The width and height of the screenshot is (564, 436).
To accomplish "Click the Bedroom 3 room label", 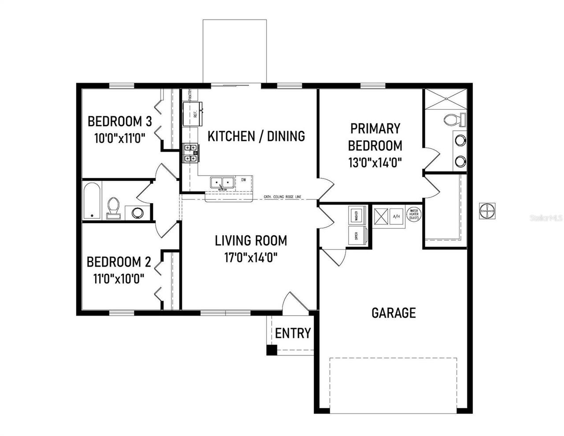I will (120, 121).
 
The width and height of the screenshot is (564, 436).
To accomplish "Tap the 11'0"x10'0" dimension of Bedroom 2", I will (119, 279).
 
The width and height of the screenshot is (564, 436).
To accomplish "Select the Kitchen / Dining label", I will (256, 136).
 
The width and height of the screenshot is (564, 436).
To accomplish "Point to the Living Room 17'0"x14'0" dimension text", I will (251, 257).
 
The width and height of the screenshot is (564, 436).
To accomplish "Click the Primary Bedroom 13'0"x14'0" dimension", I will (375, 163).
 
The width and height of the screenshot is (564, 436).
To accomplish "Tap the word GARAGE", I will (393, 313).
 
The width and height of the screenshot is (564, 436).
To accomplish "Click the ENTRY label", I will (293, 333).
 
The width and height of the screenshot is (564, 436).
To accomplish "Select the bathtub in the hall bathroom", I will (92, 201).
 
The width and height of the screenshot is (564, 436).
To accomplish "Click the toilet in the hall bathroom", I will (113, 208).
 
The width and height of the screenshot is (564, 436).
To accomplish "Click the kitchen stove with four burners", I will (191, 153).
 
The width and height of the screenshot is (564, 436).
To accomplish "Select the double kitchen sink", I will (222, 183).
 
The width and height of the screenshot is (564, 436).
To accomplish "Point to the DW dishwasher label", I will (243, 179).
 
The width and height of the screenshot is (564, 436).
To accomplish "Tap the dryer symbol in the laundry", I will (355, 235).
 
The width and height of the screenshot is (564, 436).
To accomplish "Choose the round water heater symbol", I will (414, 215).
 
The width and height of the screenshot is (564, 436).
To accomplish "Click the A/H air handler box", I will (396, 216).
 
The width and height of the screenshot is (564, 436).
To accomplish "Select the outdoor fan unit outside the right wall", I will (487, 211).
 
